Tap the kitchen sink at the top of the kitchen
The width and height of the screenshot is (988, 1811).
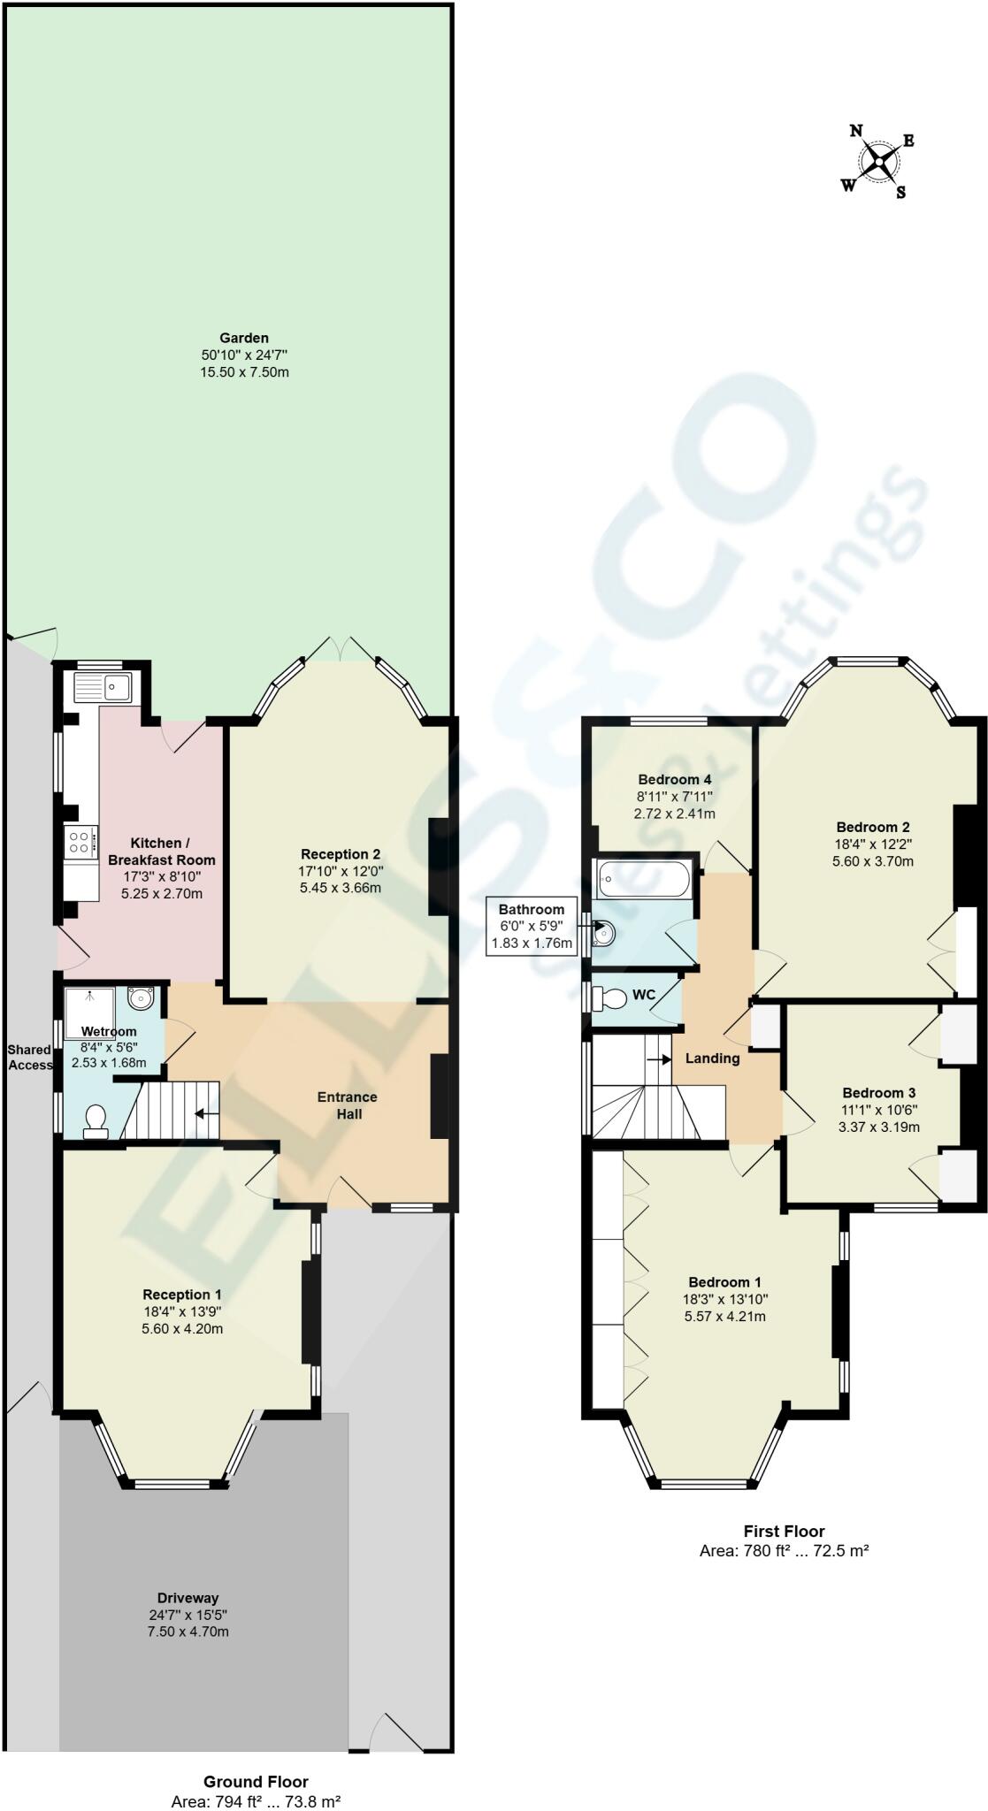[x=103, y=687]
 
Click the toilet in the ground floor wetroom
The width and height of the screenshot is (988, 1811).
[x=95, y=1120]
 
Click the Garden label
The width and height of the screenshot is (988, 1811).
[x=244, y=338]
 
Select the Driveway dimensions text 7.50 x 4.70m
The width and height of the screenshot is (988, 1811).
[x=188, y=1631]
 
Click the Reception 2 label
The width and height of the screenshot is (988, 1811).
[x=341, y=854]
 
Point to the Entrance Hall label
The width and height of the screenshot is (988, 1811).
[x=348, y=1105]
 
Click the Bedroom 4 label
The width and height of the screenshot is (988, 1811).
[x=675, y=780]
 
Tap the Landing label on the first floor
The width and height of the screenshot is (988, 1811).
[x=712, y=1058]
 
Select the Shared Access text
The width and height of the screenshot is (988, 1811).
[x=30, y=1058]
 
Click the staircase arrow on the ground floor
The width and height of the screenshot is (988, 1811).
[x=206, y=1114]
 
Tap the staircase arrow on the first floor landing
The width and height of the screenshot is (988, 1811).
[x=659, y=1058]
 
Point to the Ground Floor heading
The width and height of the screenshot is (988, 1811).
[x=256, y=1782]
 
